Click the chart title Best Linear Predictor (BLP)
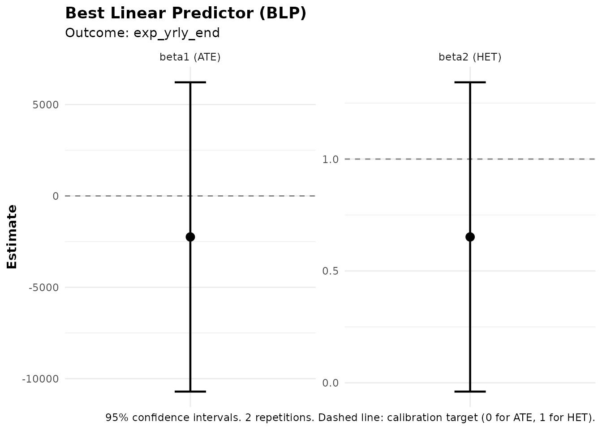click(x=185, y=13)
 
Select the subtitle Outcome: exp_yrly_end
click(x=142, y=33)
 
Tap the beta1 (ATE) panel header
click(x=190, y=57)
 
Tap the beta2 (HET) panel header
click(x=470, y=57)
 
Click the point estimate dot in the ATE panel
click(x=190, y=237)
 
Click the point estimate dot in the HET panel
click(x=470, y=237)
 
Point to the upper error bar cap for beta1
click(x=190, y=82)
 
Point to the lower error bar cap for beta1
click(x=190, y=391)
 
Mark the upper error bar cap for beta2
click(x=470, y=82)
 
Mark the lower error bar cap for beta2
click(x=470, y=391)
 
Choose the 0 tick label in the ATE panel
click(x=56, y=196)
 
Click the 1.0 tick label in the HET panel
click(x=330, y=159)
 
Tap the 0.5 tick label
click(x=330, y=271)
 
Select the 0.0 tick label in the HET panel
click(x=330, y=383)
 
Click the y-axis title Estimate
click(x=12, y=236)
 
